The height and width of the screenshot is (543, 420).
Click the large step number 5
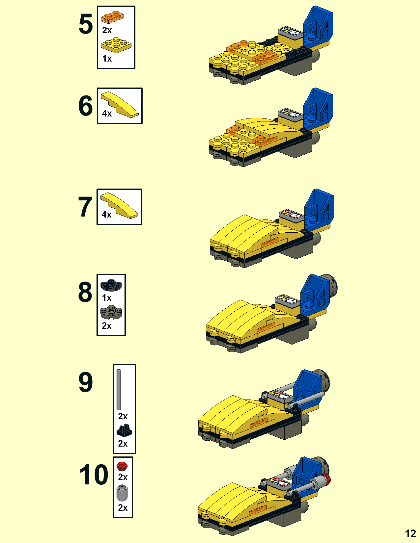[x=86, y=24]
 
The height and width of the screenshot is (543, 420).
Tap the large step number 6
[x=86, y=106]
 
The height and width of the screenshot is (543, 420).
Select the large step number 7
[x=85, y=207]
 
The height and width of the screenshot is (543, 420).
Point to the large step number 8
[x=85, y=292]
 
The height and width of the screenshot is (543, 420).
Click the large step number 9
[x=86, y=382]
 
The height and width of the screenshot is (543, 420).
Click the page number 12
[x=410, y=533]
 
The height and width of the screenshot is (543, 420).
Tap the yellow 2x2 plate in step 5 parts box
[x=116, y=45]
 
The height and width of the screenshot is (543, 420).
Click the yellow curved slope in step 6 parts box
[x=120, y=104]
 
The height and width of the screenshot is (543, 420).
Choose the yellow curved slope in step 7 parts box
[x=119, y=205]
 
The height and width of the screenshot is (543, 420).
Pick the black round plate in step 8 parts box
[x=111, y=285]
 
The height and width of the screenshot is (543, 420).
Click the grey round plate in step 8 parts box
[x=111, y=312]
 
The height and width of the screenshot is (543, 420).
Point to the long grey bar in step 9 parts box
[x=119, y=390]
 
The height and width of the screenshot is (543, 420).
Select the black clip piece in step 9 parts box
[x=124, y=430]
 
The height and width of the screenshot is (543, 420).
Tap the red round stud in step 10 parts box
[x=122, y=466]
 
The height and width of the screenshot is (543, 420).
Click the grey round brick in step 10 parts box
[x=122, y=493]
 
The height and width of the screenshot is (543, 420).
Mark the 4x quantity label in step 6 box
[x=107, y=114]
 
